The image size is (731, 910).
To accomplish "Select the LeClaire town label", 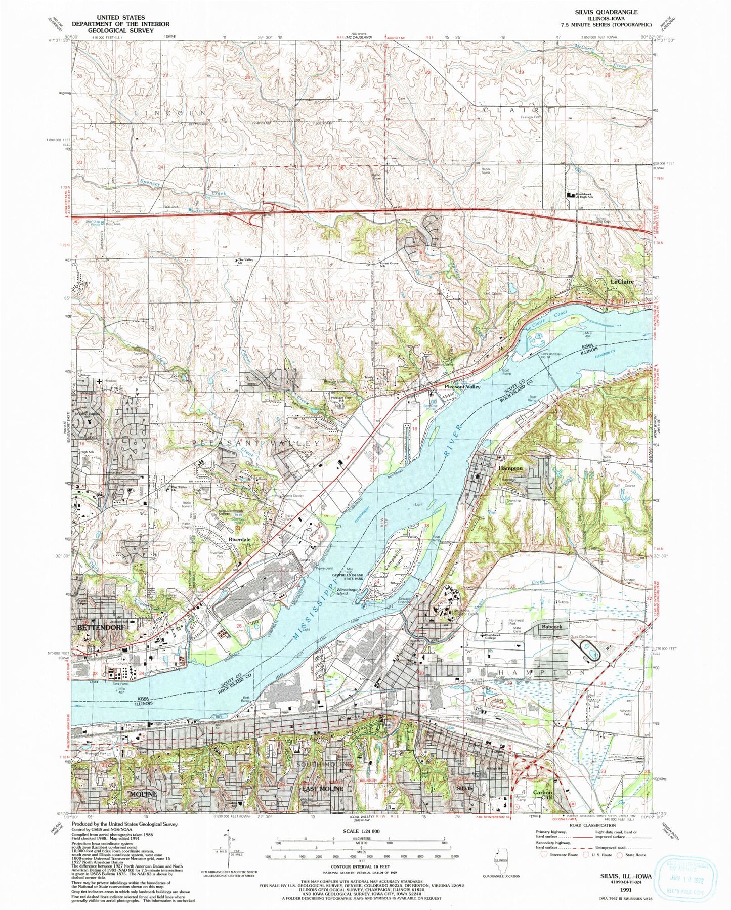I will click(622, 282).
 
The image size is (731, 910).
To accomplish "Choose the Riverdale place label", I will click(239, 540).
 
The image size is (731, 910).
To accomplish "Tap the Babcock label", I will click(551, 627).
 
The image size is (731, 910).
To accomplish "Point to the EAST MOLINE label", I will click(322, 789).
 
